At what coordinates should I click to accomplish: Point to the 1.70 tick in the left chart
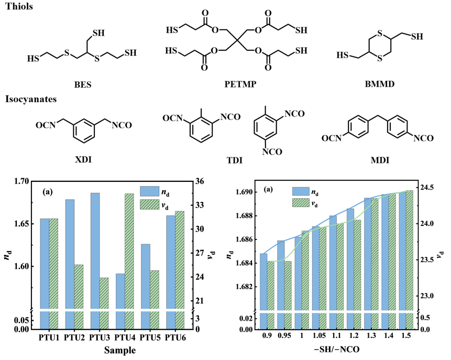coord(21,181)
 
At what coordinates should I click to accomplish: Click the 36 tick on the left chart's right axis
coord(200,181)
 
